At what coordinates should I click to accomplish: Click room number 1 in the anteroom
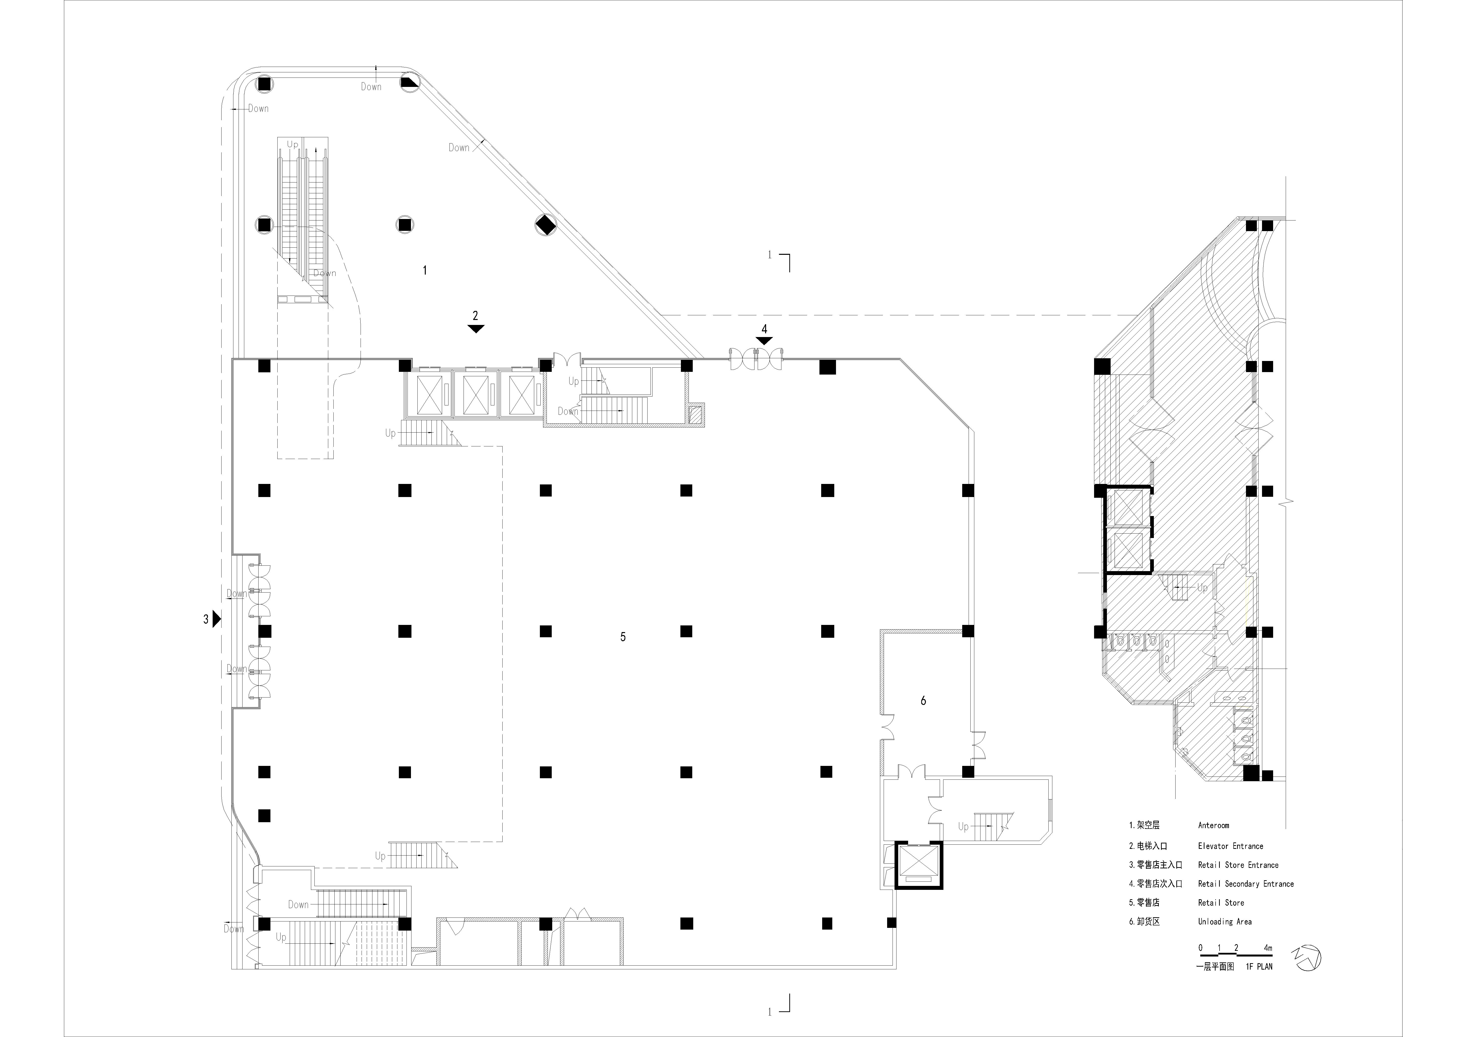point(425,270)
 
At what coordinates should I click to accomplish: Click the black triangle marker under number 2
point(475,328)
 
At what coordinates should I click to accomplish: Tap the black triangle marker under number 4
point(764,341)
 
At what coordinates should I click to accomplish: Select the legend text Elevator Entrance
point(1230,846)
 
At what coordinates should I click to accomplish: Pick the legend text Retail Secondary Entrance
point(1245,884)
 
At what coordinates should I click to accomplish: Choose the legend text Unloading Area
point(1224,921)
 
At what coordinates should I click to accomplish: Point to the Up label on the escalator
point(292,144)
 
